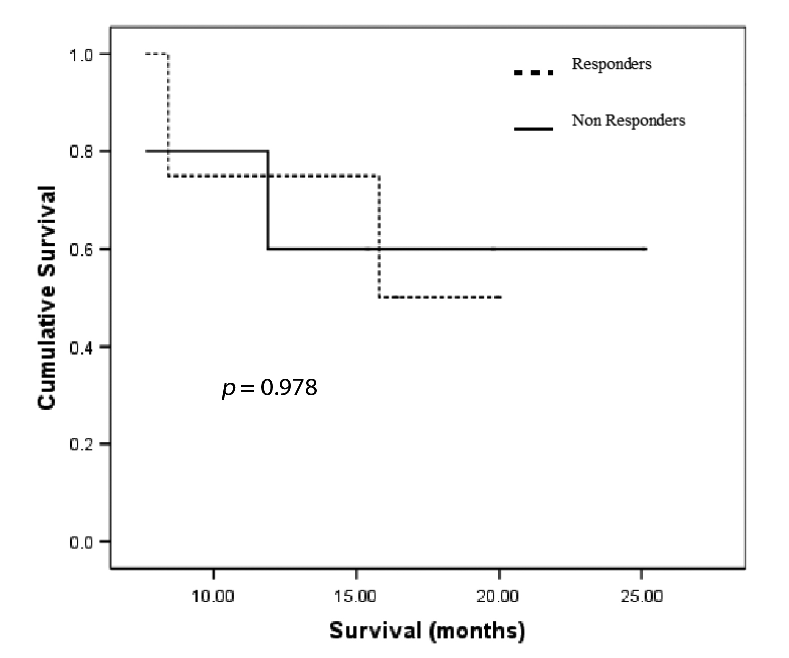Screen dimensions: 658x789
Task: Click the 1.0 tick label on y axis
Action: [x=81, y=54]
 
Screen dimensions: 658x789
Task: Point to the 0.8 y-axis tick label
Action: [x=81, y=151]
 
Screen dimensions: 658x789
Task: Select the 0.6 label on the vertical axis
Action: [x=81, y=249]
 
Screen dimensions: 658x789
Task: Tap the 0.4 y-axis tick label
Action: [x=81, y=347]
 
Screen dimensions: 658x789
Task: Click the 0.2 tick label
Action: [x=81, y=444]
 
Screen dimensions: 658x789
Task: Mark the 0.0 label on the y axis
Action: [x=81, y=542]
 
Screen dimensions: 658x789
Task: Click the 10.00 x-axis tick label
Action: [x=213, y=597]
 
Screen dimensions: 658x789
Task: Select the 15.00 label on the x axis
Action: [x=356, y=597]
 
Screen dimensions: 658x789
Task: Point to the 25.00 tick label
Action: [x=641, y=597]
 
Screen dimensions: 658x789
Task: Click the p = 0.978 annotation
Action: [x=270, y=388]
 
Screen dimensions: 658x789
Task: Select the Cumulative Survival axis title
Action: [x=47, y=297]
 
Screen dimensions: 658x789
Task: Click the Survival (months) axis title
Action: [x=427, y=630]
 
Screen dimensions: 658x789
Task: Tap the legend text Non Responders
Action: [x=628, y=121]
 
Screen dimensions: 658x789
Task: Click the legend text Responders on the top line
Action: [x=611, y=64]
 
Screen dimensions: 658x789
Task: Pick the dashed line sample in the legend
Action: [x=534, y=73]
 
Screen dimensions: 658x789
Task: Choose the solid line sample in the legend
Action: [x=534, y=129]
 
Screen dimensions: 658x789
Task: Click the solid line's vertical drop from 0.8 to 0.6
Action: [x=268, y=201]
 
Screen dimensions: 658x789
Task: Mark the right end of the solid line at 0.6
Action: [x=646, y=249]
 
